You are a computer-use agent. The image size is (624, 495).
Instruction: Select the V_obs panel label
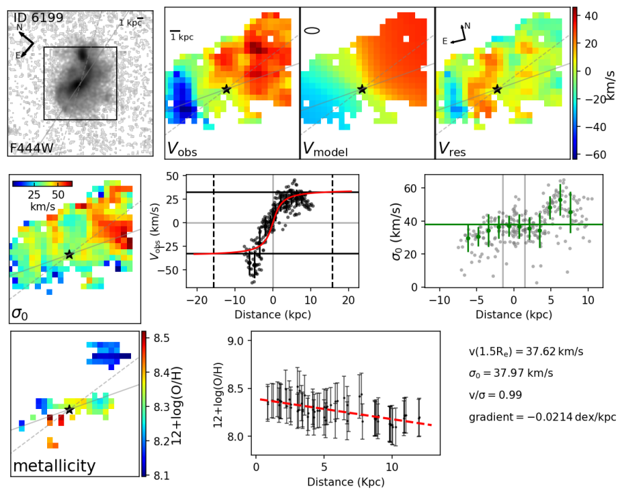coord(184,148)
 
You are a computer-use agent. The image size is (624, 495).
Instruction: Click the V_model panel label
coord(324,148)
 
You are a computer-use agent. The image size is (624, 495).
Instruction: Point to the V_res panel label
coord(452,148)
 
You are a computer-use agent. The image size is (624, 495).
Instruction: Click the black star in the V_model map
coord(362,89)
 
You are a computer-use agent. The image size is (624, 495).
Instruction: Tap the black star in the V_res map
coord(497,89)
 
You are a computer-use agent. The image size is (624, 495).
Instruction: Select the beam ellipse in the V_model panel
coord(312,30)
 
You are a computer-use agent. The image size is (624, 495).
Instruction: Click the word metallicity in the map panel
coord(53,466)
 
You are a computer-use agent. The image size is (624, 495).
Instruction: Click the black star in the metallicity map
coord(69,410)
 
